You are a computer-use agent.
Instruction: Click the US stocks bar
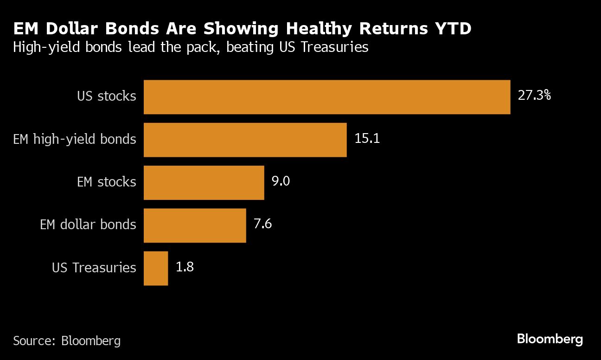327,97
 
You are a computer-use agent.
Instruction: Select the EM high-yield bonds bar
245,140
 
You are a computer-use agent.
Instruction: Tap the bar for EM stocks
204,182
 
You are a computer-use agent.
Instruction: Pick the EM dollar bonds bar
195,225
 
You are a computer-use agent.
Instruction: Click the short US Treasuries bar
156,268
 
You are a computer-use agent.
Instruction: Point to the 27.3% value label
534,96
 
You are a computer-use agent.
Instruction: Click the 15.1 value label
367,139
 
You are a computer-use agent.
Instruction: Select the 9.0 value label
281,181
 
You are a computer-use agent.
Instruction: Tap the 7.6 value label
262,225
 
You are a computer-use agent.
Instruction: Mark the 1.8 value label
185,267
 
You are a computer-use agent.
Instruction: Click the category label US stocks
107,96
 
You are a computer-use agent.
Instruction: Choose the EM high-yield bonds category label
75,139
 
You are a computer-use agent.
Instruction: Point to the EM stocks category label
107,182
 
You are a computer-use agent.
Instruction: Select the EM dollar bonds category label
88,225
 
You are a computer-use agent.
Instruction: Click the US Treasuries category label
94,268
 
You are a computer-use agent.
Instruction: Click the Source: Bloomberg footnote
67,341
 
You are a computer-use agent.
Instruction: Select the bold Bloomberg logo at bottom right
550,339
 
